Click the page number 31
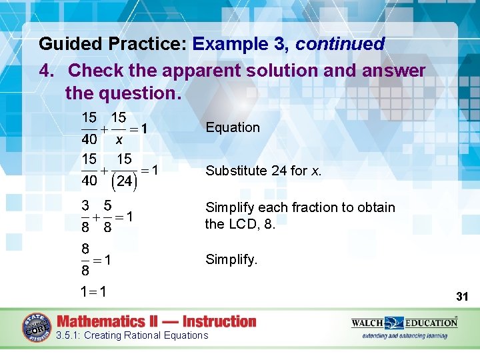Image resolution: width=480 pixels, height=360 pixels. click(x=461, y=296)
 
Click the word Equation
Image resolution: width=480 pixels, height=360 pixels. click(x=233, y=127)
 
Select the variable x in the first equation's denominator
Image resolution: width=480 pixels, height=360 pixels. click(x=119, y=140)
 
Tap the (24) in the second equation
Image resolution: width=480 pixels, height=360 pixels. click(x=124, y=181)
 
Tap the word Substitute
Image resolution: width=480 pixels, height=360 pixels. click(x=236, y=171)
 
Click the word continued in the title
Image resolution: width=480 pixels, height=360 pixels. click(x=340, y=45)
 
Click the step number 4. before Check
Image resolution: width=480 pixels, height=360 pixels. click(x=47, y=70)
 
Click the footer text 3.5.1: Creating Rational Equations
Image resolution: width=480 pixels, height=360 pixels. click(x=133, y=335)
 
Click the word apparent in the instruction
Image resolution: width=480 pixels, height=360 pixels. click(x=205, y=70)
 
